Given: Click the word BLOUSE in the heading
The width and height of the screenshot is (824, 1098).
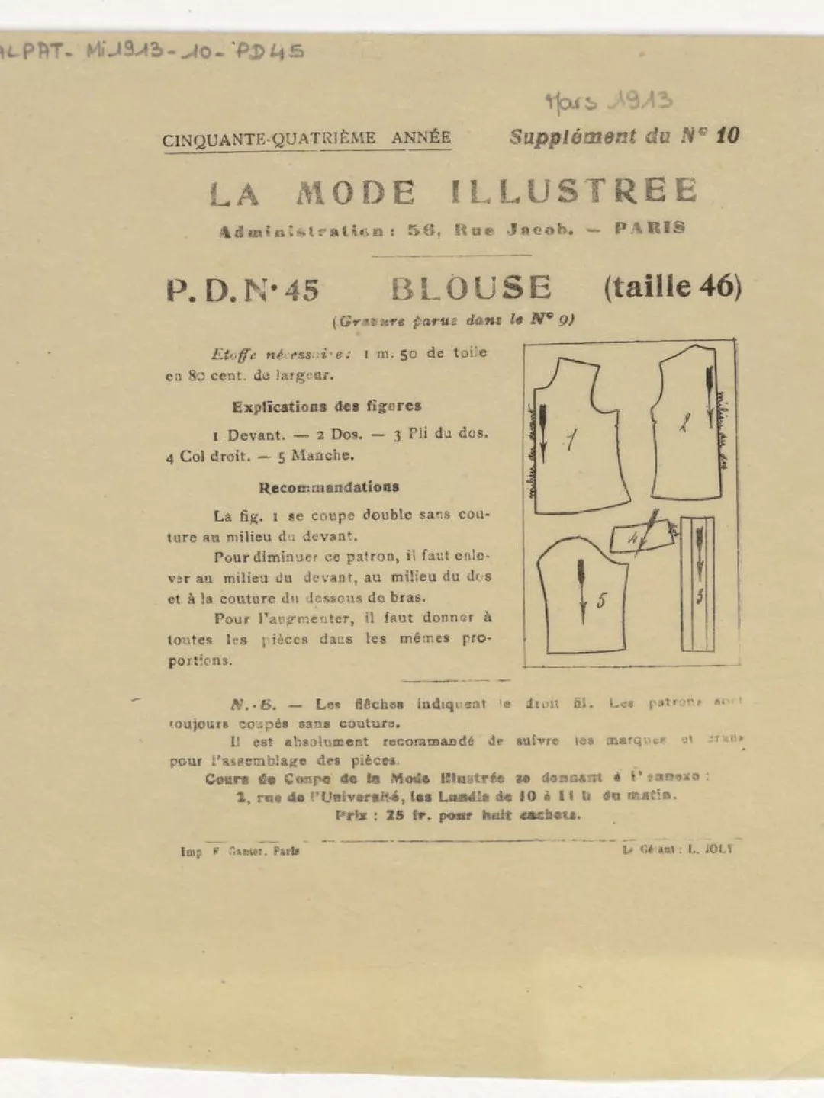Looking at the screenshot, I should pyautogui.click(x=471, y=288).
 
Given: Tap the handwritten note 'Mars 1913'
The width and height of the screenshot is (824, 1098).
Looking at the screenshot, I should pyautogui.click(x=609, y=101).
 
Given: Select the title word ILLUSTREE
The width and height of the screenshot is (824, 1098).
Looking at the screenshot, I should pyautogui.click(x=574, y=191).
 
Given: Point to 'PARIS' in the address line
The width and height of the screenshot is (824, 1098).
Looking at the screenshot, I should pyautogui.click(x=649, y=228).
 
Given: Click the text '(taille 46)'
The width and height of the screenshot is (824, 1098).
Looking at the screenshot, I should pyautogui.click(x=672, y=287).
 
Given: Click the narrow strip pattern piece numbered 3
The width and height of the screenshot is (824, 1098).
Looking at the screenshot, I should pyautogui.click(x=697, y=584).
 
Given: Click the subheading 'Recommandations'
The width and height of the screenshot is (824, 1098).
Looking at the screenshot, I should pyautogui.click(x=329, y=487).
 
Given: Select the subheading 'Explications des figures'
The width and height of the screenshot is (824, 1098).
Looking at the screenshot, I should pyautogui.click(x=327, y=406).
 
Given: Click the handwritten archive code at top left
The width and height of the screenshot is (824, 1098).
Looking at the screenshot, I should pyautogui.click(x=153, y=52).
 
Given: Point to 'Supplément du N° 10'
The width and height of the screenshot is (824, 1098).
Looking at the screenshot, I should pyautogui.click(x=624, y=136).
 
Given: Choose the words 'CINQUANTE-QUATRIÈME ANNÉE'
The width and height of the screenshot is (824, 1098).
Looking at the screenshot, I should pyautogui.click(x=306, y=139).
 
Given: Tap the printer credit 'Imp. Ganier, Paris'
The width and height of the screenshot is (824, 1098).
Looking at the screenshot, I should pyautogui.click(x=240, y=851).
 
